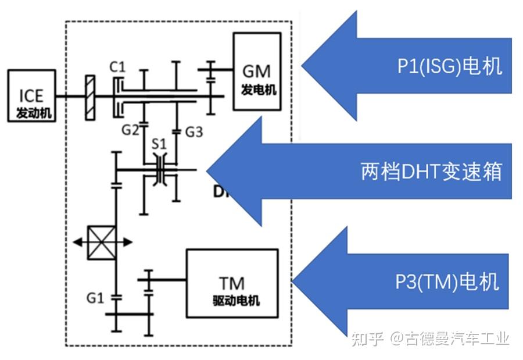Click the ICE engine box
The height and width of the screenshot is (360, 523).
(x=32, y=96)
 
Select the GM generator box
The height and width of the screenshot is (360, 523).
(x=256, y=72)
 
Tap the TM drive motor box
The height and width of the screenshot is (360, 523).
(x=232, y=283)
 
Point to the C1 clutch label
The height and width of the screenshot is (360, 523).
(x=118, y=68)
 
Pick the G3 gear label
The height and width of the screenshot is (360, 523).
(x=194, y=132)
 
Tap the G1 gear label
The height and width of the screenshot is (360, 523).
(x=95, y=298)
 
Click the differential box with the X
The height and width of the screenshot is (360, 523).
(x=101, y=241)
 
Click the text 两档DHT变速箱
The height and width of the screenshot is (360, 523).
(x=431, y=172)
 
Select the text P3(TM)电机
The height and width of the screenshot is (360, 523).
(x=447, y=282)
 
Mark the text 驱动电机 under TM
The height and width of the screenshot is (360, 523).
(x=233, y=301)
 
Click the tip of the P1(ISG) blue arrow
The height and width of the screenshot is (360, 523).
(x=302, y=66)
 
